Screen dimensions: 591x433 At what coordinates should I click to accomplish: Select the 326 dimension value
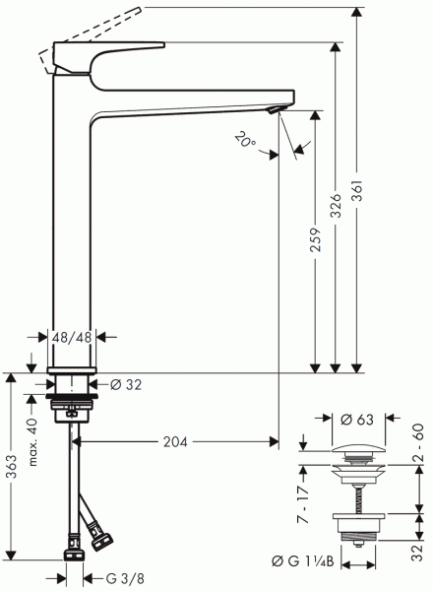click(x=336, y=205)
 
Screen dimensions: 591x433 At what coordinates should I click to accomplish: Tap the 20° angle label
click(x=245, y=141)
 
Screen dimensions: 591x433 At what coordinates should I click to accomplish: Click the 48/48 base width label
click(x=73, y=338)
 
